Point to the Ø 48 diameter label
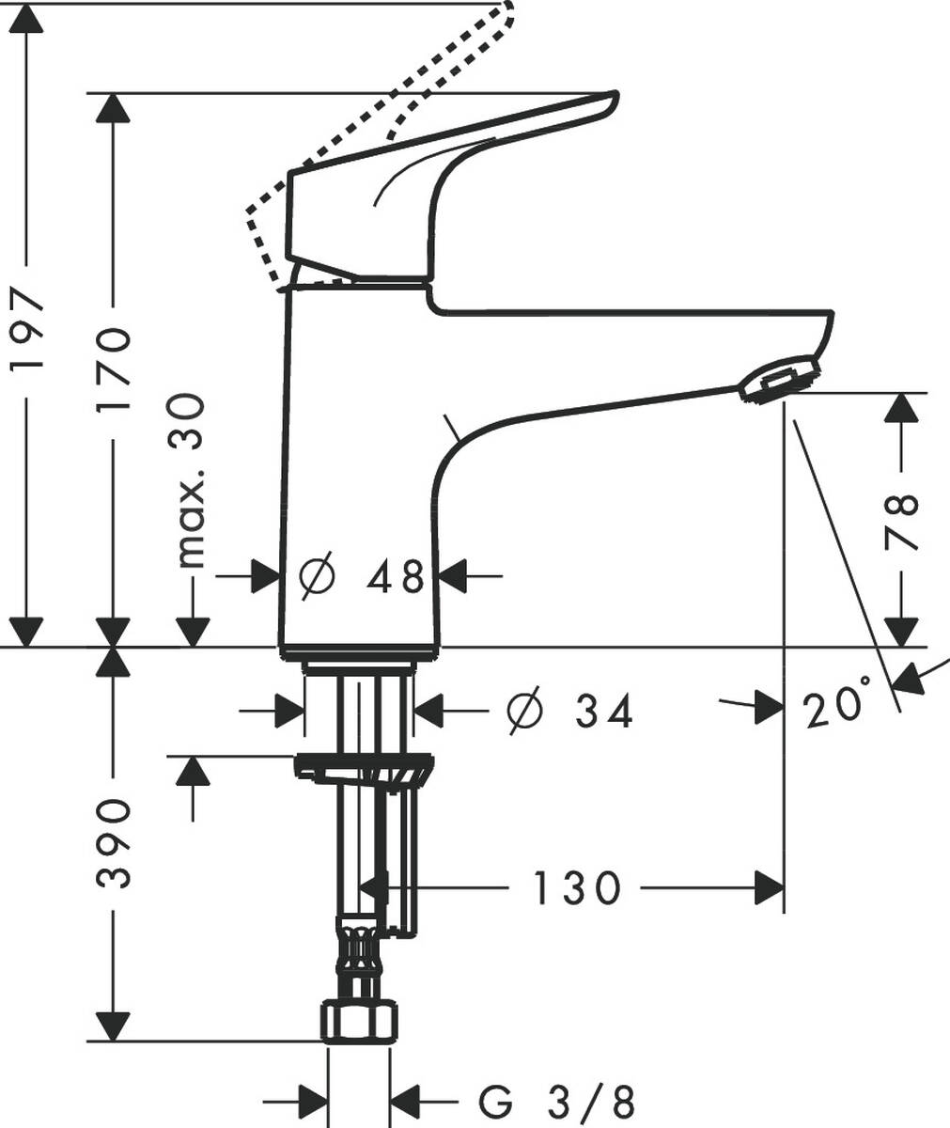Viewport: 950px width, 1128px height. point(362,575)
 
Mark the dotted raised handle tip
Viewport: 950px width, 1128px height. point(505,13)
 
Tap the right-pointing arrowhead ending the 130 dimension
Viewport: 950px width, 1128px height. point(771,886)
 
